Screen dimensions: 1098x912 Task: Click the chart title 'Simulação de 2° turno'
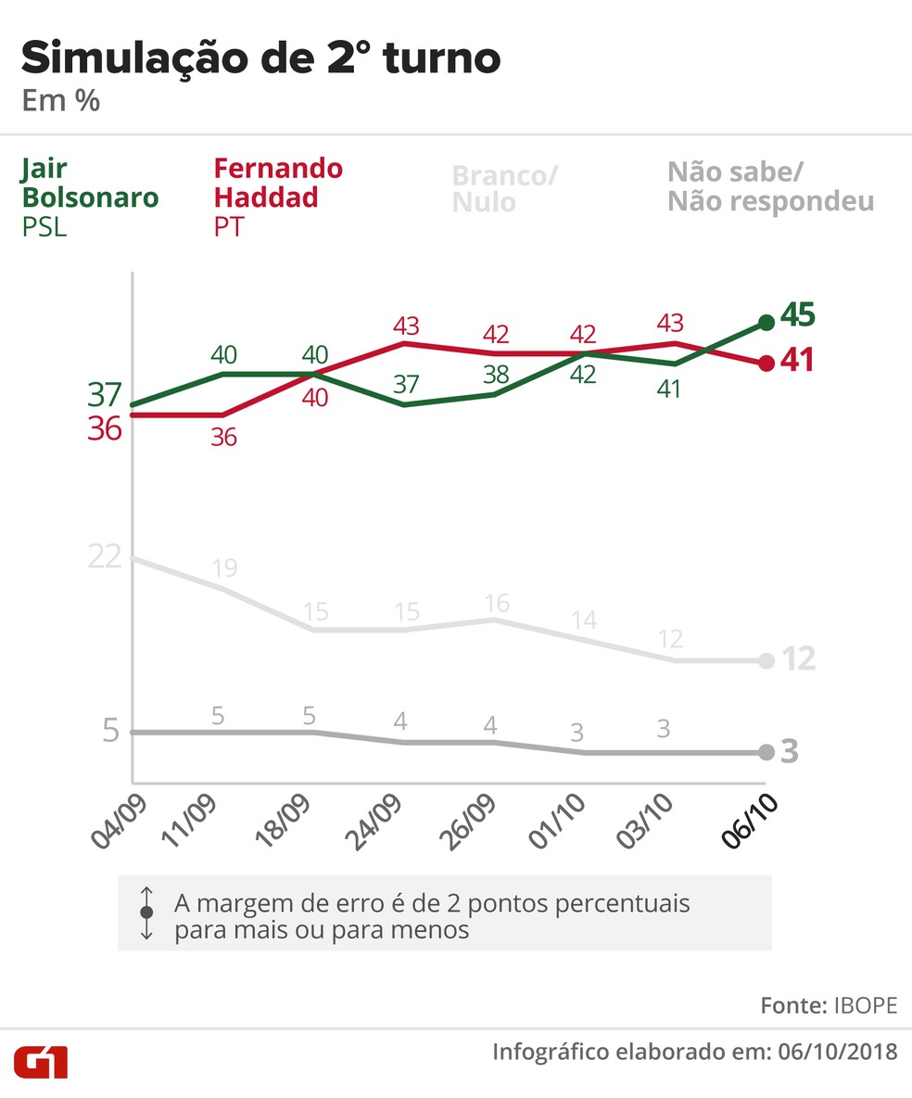pyautogui.click(x=260, y=59)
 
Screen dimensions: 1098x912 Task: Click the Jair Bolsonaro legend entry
pyautogui.click(x=89, y=197)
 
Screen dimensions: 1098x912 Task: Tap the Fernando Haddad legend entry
pyautogui.click(x=278, y=197)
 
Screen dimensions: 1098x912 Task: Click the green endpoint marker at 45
pyautogui.click(x=766, y=322)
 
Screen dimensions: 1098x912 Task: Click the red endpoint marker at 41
pyautogui.click(x=766, y=364)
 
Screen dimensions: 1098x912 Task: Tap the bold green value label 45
pyautogui.click(x=797, y=315)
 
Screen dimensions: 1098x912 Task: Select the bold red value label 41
pyautogui.click(x=796, y=360)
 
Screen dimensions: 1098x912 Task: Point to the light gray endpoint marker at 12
pyautogui.click(x=766, y=660)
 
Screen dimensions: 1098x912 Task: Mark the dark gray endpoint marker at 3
pyautogui.click(x=766, y=752)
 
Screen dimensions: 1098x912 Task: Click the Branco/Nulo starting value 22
pyautogui.click(x=105, y=556)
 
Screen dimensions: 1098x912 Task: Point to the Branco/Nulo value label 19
pyautogui.click(x=223, y=568)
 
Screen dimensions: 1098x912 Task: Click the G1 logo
pyautogui.click(x=40, y=1061)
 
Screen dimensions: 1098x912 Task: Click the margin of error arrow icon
pyautogui.click(x=146, y=913)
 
